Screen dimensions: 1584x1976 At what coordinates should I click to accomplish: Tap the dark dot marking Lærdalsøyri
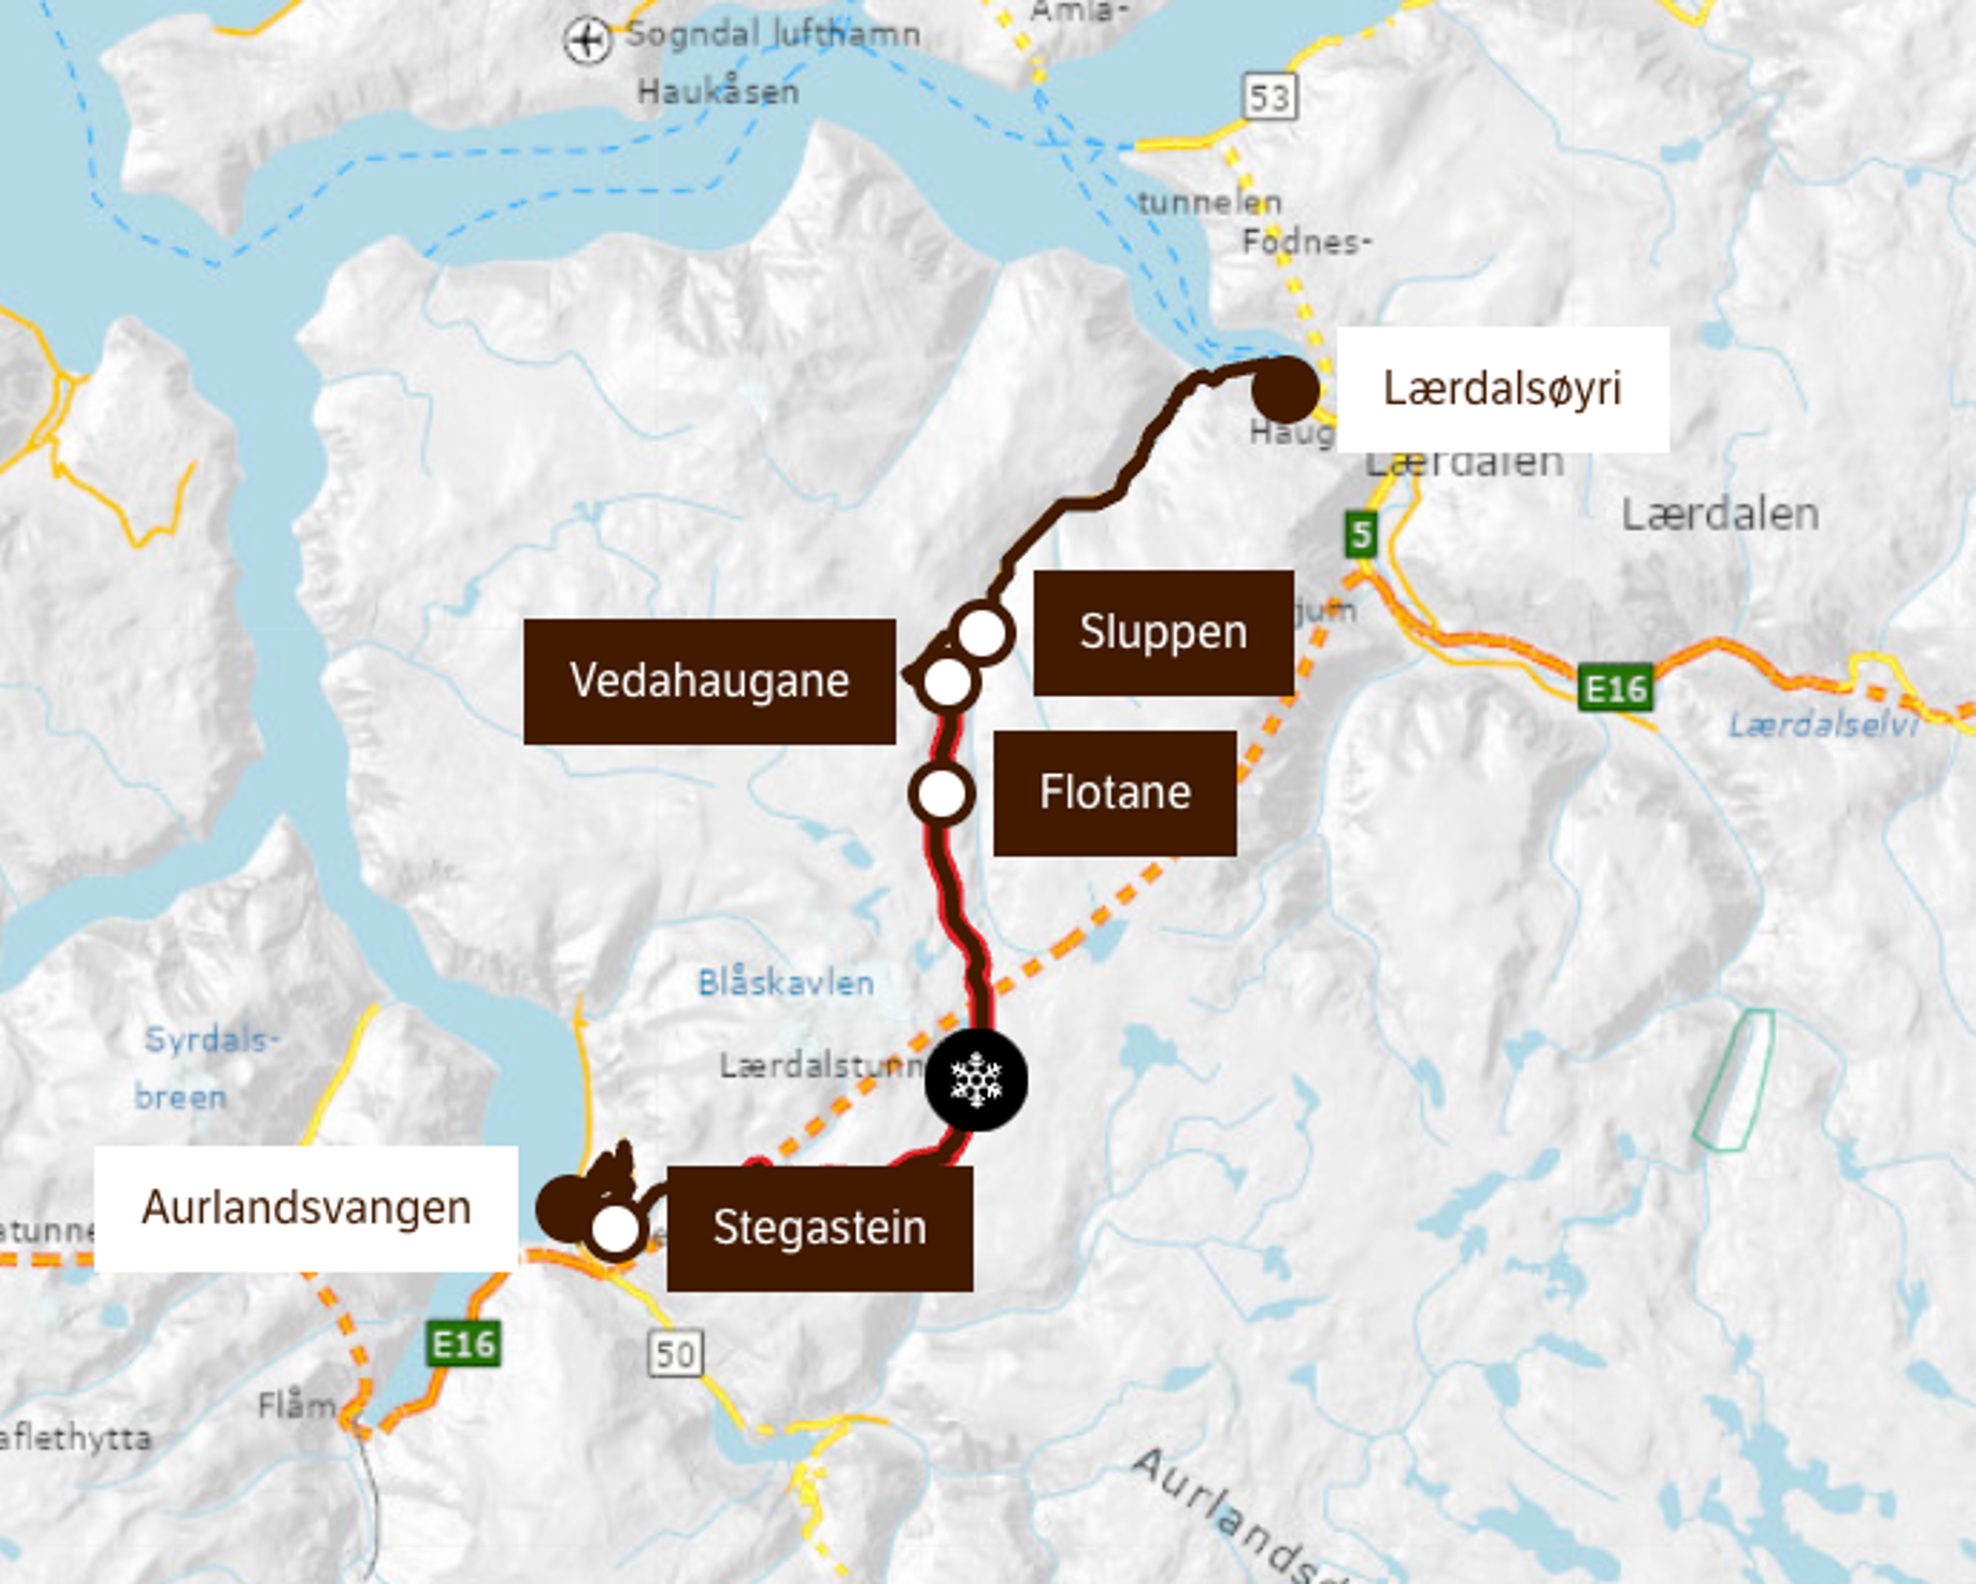coord(1285,389)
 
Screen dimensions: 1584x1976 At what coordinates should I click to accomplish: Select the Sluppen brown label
coord(1163,632)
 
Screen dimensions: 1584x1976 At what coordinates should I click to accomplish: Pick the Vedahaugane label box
coord(710,681)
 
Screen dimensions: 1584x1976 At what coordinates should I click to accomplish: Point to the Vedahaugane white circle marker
coord(947,681)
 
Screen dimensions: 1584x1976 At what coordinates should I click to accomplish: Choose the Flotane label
coord(1115,793)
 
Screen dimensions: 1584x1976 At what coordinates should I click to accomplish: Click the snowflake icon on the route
coord(976,1079)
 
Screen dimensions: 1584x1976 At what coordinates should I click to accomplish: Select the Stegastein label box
coord(819,1228)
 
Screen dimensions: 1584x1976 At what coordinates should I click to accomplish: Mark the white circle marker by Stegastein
coord(615,1229)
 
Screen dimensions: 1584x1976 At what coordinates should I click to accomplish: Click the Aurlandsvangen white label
coord(306,1208)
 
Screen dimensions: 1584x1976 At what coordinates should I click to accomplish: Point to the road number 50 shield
coord(676,1353)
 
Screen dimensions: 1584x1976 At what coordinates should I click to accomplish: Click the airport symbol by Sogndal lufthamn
coord(587,40)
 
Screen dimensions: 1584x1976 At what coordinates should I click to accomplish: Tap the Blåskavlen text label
coord(785,983)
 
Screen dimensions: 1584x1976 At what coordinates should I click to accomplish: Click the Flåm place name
coord(296,1405)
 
